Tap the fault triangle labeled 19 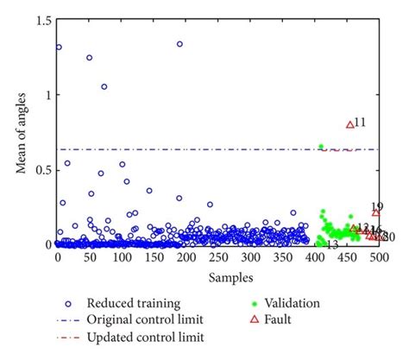pos(375,212)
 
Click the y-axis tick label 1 pos(47,95)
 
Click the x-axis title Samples pos(218,277)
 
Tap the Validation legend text pos(296,303)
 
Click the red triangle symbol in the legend pos(254,319)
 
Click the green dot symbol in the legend pos(254,303)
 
